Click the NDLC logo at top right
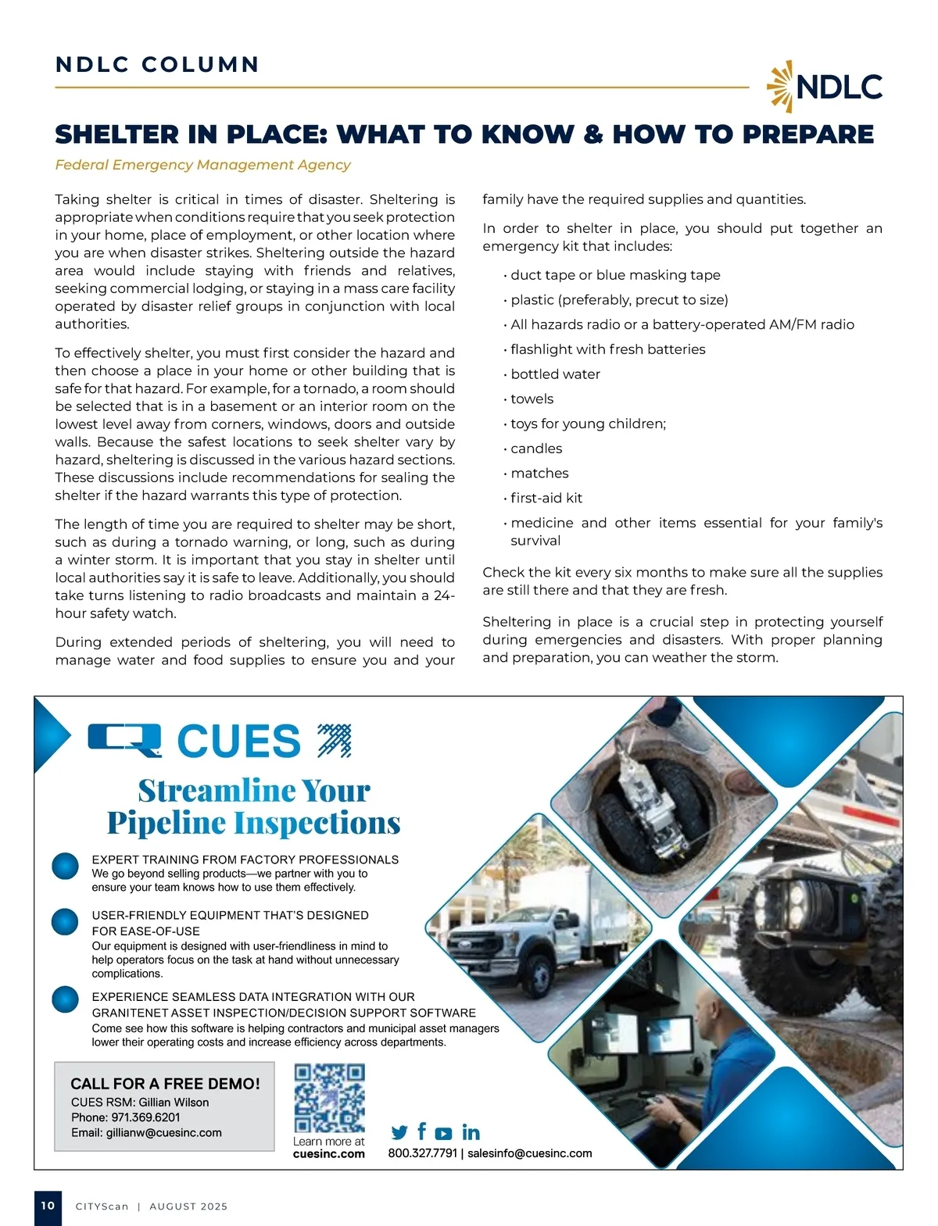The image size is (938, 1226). click(x=825, y=86)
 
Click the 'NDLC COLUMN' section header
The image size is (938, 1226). click(x=157, y=64)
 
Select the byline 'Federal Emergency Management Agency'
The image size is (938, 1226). click(x=202, y=165)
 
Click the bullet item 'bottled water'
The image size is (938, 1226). click(x=555, y=374)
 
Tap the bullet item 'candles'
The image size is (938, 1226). click(x=536, y=449)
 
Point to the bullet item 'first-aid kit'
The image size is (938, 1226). click(x=546, y=498)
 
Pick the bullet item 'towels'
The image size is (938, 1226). click(x=532, y=399)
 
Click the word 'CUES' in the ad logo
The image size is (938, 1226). click(x=238, y=741)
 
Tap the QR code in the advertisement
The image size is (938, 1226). click(x=329, y=1098)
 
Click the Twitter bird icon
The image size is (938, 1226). click(x=399, y=1132)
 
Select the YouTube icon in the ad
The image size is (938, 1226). click(x=443, y=1133)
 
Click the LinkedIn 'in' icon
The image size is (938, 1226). click(x=471, y=1132)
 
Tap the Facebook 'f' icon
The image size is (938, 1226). click(x=422, y=1131)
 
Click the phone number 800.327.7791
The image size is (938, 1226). click(x=422, y=1153)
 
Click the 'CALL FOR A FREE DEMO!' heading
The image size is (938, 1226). click(x=165, y=1084)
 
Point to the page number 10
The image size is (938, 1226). click(x=48, y=1206)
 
